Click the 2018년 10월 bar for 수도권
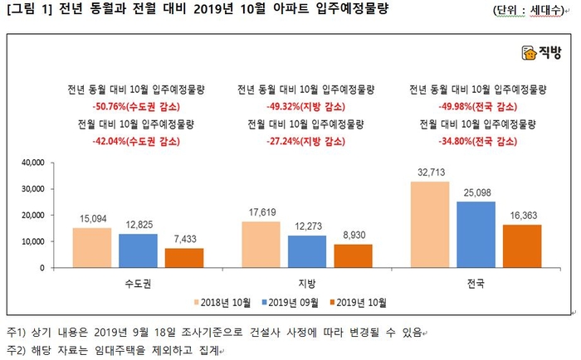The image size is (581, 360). coord(91,247)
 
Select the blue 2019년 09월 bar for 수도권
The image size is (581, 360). coord(138,251)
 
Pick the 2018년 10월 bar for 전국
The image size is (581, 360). coord(431,224)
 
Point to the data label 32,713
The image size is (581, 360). coord(431,173)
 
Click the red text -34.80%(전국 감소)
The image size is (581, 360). coord(476,141)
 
